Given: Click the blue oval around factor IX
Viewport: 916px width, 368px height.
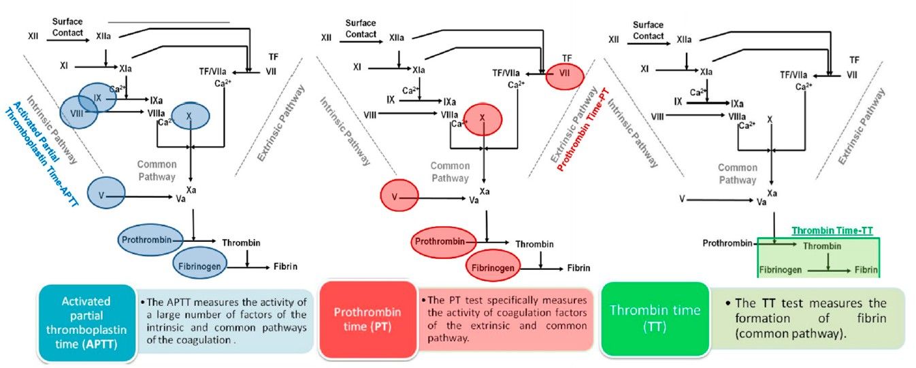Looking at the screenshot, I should pos(97,97).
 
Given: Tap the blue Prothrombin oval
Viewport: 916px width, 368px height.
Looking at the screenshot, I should pos(151,240).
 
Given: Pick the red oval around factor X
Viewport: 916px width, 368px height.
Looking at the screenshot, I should pos(482,119).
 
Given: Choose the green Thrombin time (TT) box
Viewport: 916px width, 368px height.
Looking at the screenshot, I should pos(654,318).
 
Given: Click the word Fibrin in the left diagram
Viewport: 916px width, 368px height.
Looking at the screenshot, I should pos(285,266).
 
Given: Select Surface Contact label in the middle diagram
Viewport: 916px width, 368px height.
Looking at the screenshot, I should pos(360,28).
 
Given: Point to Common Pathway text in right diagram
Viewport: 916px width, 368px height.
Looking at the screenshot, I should pos(737,173).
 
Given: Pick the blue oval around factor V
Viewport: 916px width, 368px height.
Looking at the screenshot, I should pos(106,194).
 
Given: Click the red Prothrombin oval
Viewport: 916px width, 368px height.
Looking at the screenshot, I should pos(442,242).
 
